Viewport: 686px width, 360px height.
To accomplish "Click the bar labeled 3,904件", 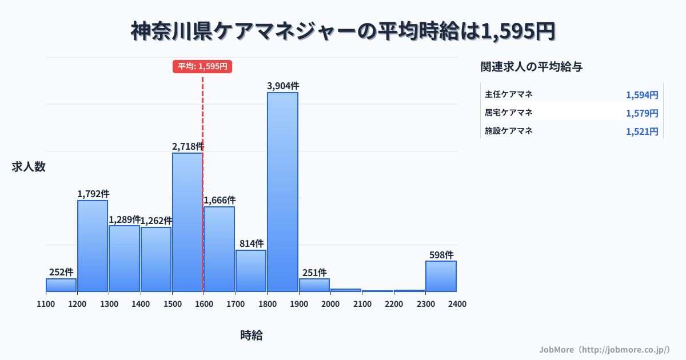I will [x=282, y=191].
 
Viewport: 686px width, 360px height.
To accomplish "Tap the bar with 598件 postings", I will [x=441, y=276].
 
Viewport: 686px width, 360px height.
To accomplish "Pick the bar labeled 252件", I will [x=61, y=285].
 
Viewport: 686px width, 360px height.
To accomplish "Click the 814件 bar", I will [x=251, y=270].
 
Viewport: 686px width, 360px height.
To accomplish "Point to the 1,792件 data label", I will [x=93, y=194].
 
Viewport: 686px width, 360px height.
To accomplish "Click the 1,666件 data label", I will [x=220, y=200].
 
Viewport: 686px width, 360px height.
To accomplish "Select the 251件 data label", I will [x=314, y=273].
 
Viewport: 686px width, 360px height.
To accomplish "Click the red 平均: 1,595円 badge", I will [x=202, y=66].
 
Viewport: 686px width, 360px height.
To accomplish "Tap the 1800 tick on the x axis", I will [x=266, y=304].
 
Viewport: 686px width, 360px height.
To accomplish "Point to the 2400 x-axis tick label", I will [x=457, y=304].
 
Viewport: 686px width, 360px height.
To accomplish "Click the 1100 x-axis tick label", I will [x=46, y=304].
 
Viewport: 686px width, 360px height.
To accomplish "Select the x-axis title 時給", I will [x=252, y=335].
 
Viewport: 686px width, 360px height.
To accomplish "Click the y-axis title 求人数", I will [x=29, y=167].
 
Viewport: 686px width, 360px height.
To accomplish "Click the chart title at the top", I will [x=343, y=31].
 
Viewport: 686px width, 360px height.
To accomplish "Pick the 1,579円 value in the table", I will [x=642, y=113].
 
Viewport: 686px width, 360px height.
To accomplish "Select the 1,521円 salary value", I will [x=642, y=131].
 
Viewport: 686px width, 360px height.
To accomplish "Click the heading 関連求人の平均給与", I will [x=532, y=67].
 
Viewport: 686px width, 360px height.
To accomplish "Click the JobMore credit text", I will [x=604, y=349].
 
